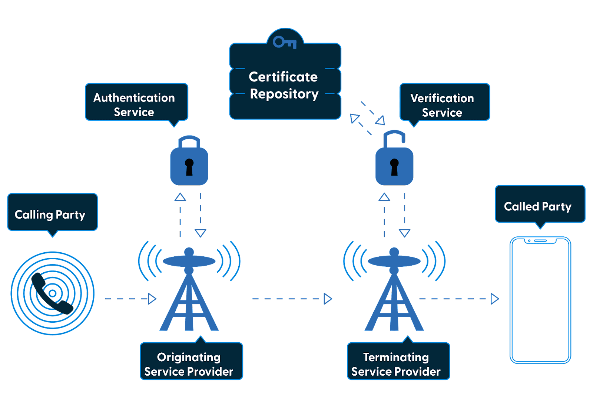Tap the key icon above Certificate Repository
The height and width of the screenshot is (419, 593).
(284, 42)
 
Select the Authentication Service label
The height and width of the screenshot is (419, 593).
(134, 104)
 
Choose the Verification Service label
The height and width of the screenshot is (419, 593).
(442, 105)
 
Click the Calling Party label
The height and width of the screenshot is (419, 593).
(50, 215)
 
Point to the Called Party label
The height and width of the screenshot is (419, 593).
(537, 206)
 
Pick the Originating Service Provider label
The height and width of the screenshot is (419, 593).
(189, 364)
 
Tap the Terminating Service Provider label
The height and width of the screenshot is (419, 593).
(396, 364)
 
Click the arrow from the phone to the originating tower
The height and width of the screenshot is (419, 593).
(130, 299)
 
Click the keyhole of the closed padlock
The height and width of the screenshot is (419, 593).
(189, 167)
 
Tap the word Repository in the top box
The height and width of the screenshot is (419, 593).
(284, 94)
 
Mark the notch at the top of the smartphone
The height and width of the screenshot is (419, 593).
(540, 241)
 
